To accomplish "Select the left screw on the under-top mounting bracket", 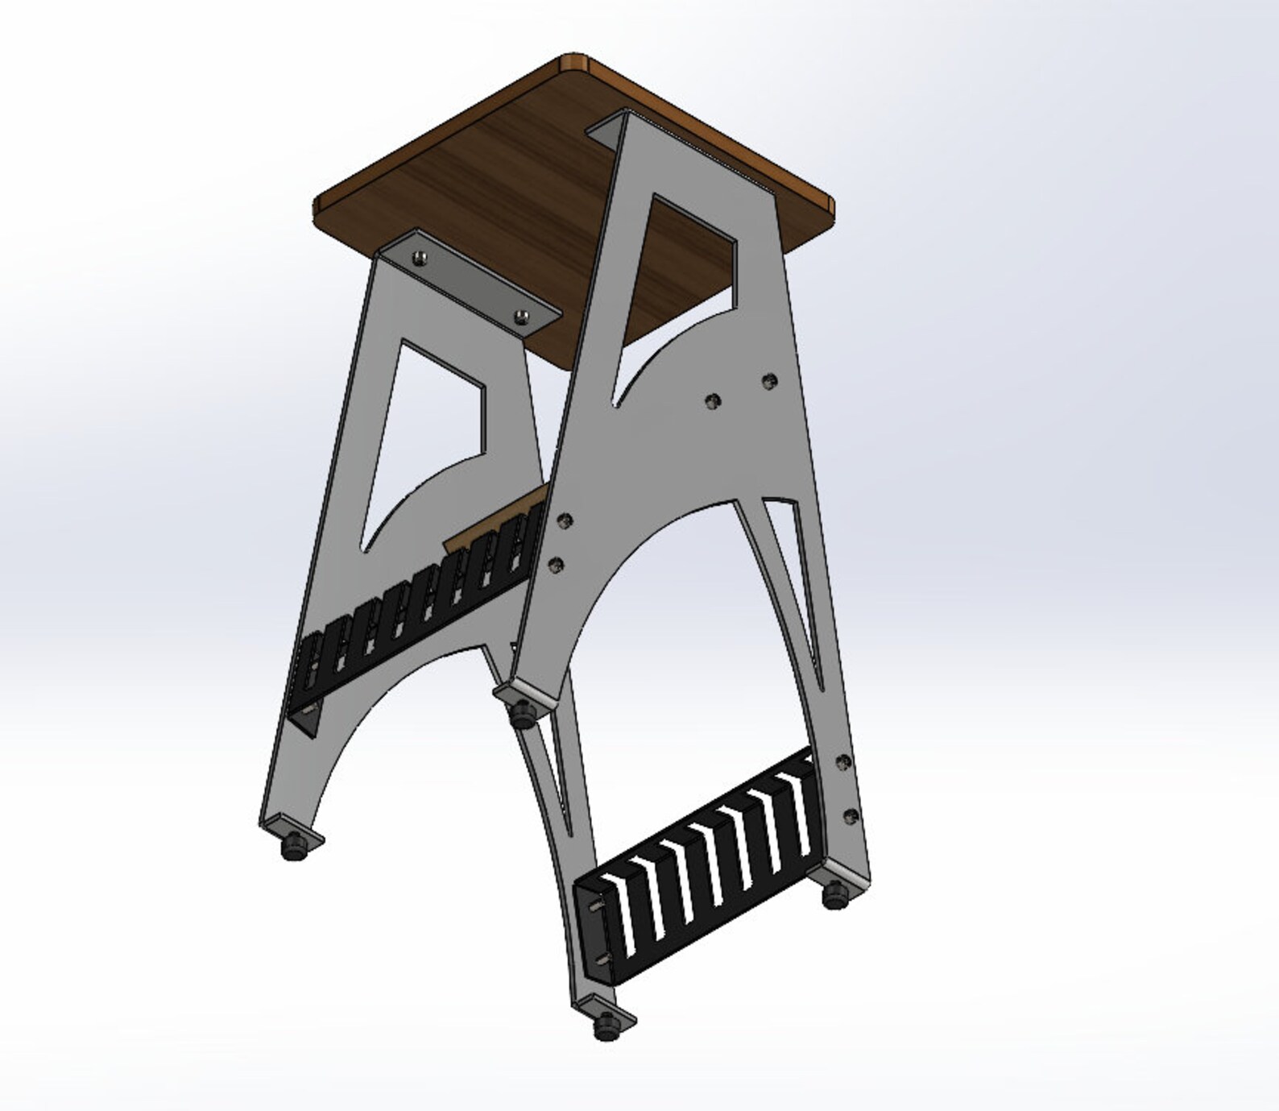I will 419,258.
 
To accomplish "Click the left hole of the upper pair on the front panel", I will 711,400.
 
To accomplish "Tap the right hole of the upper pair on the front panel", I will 770,379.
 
